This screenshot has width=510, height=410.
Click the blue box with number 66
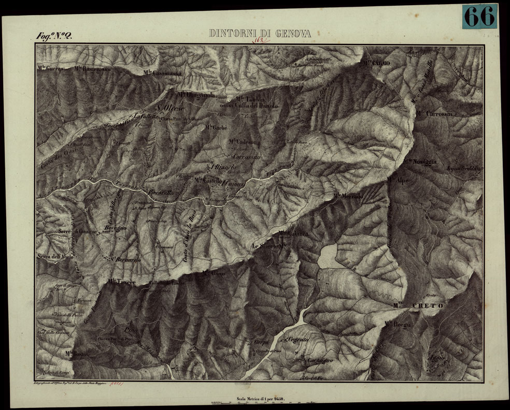coord(479,17)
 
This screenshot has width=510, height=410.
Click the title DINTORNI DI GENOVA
coord(260,34)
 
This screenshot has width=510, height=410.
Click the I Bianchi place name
coord(223,167)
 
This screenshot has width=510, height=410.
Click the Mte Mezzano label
coord(348,196)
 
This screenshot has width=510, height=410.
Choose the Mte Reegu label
coord(398,325)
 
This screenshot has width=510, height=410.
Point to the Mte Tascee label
coord(122,282)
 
